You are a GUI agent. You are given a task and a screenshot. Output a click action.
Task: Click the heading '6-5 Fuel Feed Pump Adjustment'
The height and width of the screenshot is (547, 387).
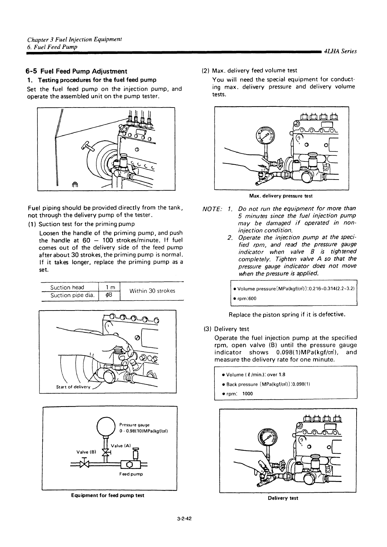click(x=77, y=71)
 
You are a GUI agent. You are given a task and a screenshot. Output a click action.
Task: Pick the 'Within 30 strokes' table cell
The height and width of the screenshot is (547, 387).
click(x=153, y=291)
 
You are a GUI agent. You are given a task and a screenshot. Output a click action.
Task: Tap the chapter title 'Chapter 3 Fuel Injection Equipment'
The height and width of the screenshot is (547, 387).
click(x=74, y=39)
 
